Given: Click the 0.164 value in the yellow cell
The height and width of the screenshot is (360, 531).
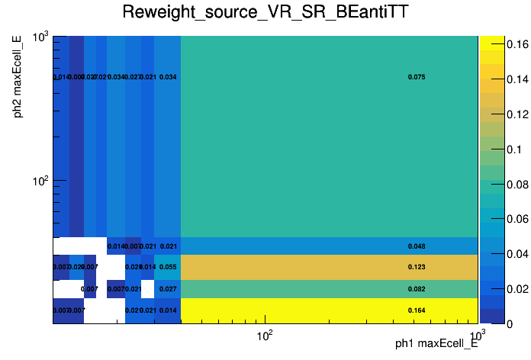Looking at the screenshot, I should pyautogui.click(x=417, y=310).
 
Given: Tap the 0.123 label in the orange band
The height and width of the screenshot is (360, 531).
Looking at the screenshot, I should pyautogui.click(x=417, y=267).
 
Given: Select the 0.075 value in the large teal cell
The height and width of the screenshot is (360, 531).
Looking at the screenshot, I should pyautogui.click(x=417, y=77).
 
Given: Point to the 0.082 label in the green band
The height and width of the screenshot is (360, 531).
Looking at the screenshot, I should pyautogui.click(x=417, y=289).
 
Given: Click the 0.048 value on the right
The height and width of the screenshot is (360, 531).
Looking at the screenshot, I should pyautogui.click(x=417, y=246).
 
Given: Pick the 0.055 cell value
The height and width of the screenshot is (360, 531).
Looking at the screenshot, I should pyautogui.click(x=169, y=267).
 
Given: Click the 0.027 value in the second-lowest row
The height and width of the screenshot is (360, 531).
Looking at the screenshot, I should pyautogui.click(x=169, y=289).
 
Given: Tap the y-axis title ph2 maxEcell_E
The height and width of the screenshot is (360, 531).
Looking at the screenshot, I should pyautogui.click(x=17, y=77).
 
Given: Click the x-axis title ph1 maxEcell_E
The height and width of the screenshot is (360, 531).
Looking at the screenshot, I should pyautogui.click(x=436, y=343).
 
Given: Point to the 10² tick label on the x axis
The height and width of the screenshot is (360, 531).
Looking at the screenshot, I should pyautogui.click(x=264, y=336).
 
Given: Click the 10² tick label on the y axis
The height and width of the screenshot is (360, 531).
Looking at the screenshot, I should pyautogui.click(x=38, y=182).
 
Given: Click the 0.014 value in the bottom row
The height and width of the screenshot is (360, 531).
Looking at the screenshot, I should pyautogui.click(x=169, y=310).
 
